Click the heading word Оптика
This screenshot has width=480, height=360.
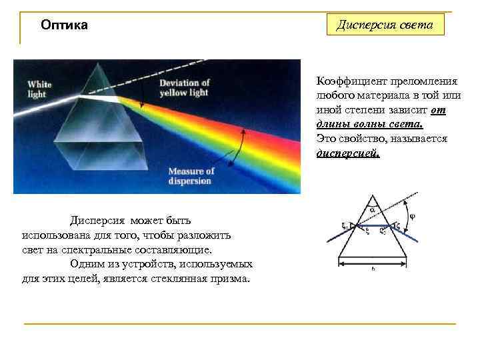[x=64, y=26]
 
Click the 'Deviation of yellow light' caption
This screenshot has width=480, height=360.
[x=185, y=87]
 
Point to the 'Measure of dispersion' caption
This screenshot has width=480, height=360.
[x=190, y=176]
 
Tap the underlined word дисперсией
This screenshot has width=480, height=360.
[x=348, y=153]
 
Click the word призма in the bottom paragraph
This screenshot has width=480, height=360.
[x=231, y=278]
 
